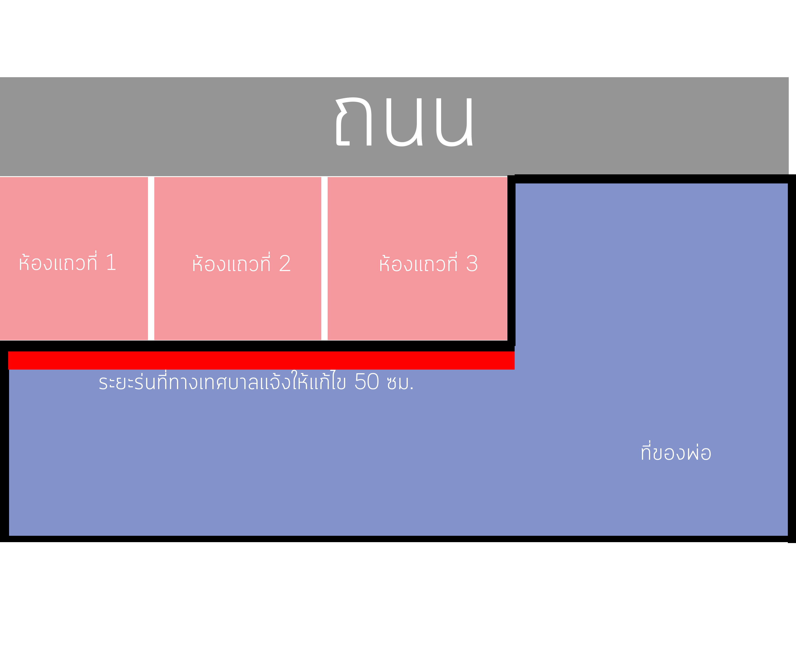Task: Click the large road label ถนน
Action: point(404,121)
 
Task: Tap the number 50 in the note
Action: point(367,382)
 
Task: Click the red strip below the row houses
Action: point(261,360)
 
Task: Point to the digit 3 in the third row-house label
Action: point(472,264)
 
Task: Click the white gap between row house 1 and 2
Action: point(151,258)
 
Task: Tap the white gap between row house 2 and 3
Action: point(324,258)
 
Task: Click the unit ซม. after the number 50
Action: point(400,383)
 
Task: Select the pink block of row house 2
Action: point(238,258)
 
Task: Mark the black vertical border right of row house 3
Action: point(511,261)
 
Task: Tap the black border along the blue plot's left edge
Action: point(4,441)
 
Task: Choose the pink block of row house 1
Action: point(74,258)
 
